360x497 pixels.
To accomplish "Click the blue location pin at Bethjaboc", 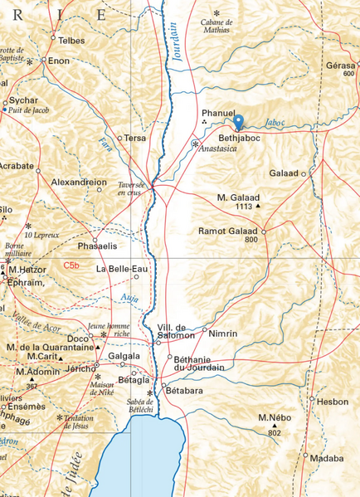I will tap(239, 123).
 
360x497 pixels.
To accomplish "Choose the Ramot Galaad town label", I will tap(228, 230).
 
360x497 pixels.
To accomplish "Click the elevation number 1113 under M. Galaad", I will tap(243, 206).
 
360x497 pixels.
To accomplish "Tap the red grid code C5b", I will tap(74, 265).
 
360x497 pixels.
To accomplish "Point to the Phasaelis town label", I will tap(96, 246).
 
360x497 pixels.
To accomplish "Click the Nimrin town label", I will tap(224, 333).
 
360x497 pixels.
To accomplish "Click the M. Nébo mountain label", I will tap(275, 417).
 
